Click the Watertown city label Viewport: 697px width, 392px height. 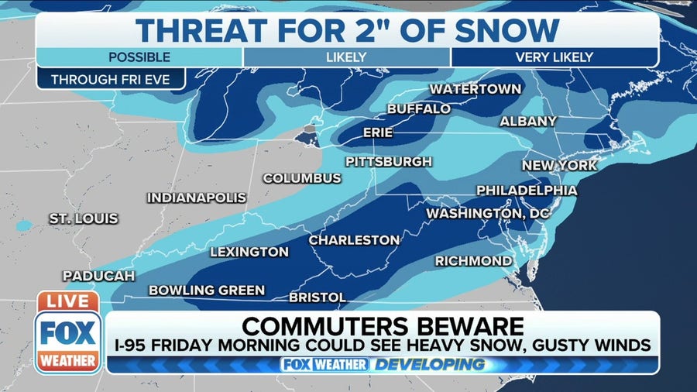tap(476, 89)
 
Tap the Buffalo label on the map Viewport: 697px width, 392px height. tap(418, 109)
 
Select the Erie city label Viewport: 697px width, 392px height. tap(378, 133)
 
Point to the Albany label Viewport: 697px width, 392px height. tap(528, 122)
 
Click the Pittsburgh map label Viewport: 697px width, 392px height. tap(389, 162)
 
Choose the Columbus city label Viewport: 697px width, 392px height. tap(302, 178)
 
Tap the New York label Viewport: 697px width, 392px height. tap(559, 166)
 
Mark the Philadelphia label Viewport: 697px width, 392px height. tap(527, 191)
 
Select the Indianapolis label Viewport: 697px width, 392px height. tap(197, 198)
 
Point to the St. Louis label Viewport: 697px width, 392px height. tap(84, 219)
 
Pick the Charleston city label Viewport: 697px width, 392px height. tap(355, 241)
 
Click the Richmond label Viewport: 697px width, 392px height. tap(473, 261)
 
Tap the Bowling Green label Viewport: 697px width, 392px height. tap(207, 291)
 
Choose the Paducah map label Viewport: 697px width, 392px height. tap(99, 276)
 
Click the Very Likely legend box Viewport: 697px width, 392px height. tap(555, 57)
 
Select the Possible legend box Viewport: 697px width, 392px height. tap(139, 57)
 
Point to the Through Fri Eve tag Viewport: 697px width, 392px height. tap(110, 80)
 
